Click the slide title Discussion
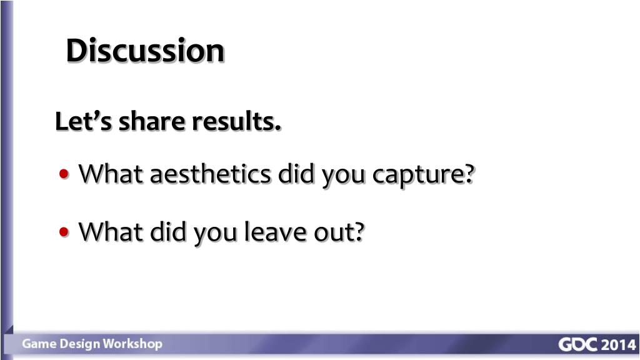click(x=145, y=50)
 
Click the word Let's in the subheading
click(x=84, y=121)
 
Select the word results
click(x=236, y=121)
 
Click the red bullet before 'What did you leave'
click(x=66, y=232)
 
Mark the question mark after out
click(x=359, y=232)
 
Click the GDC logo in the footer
click(x=578, y=345)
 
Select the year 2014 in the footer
click(x=618, y=345)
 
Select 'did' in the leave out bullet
click(x=169, y=232)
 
